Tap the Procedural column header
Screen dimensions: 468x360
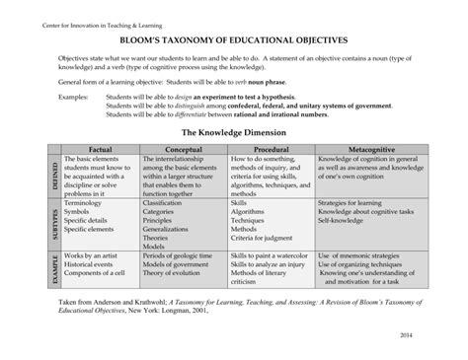[270, 146]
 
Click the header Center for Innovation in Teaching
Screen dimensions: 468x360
[74, 8]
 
